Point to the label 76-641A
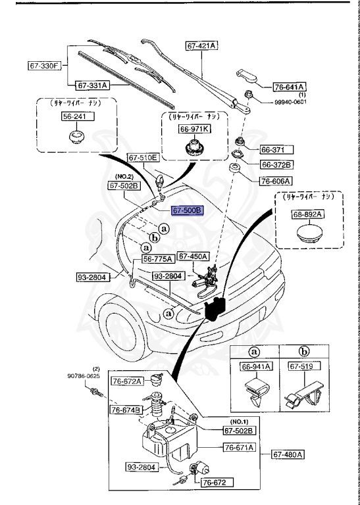(x=290, y=86)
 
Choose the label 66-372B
(x=276, y=164)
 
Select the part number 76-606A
(x=276, y=180)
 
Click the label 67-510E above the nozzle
(x=143, y=158)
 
